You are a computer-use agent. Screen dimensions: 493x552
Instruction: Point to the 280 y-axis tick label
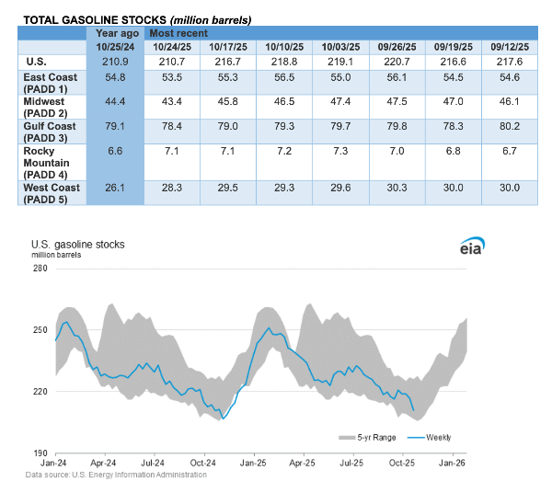(x=40, y=268)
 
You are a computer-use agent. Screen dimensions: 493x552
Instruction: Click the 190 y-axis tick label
(x=40, y=453)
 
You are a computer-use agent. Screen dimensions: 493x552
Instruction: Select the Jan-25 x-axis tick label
(x=254, y=464)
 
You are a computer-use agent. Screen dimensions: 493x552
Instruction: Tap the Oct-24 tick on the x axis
(x=203, y=464)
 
